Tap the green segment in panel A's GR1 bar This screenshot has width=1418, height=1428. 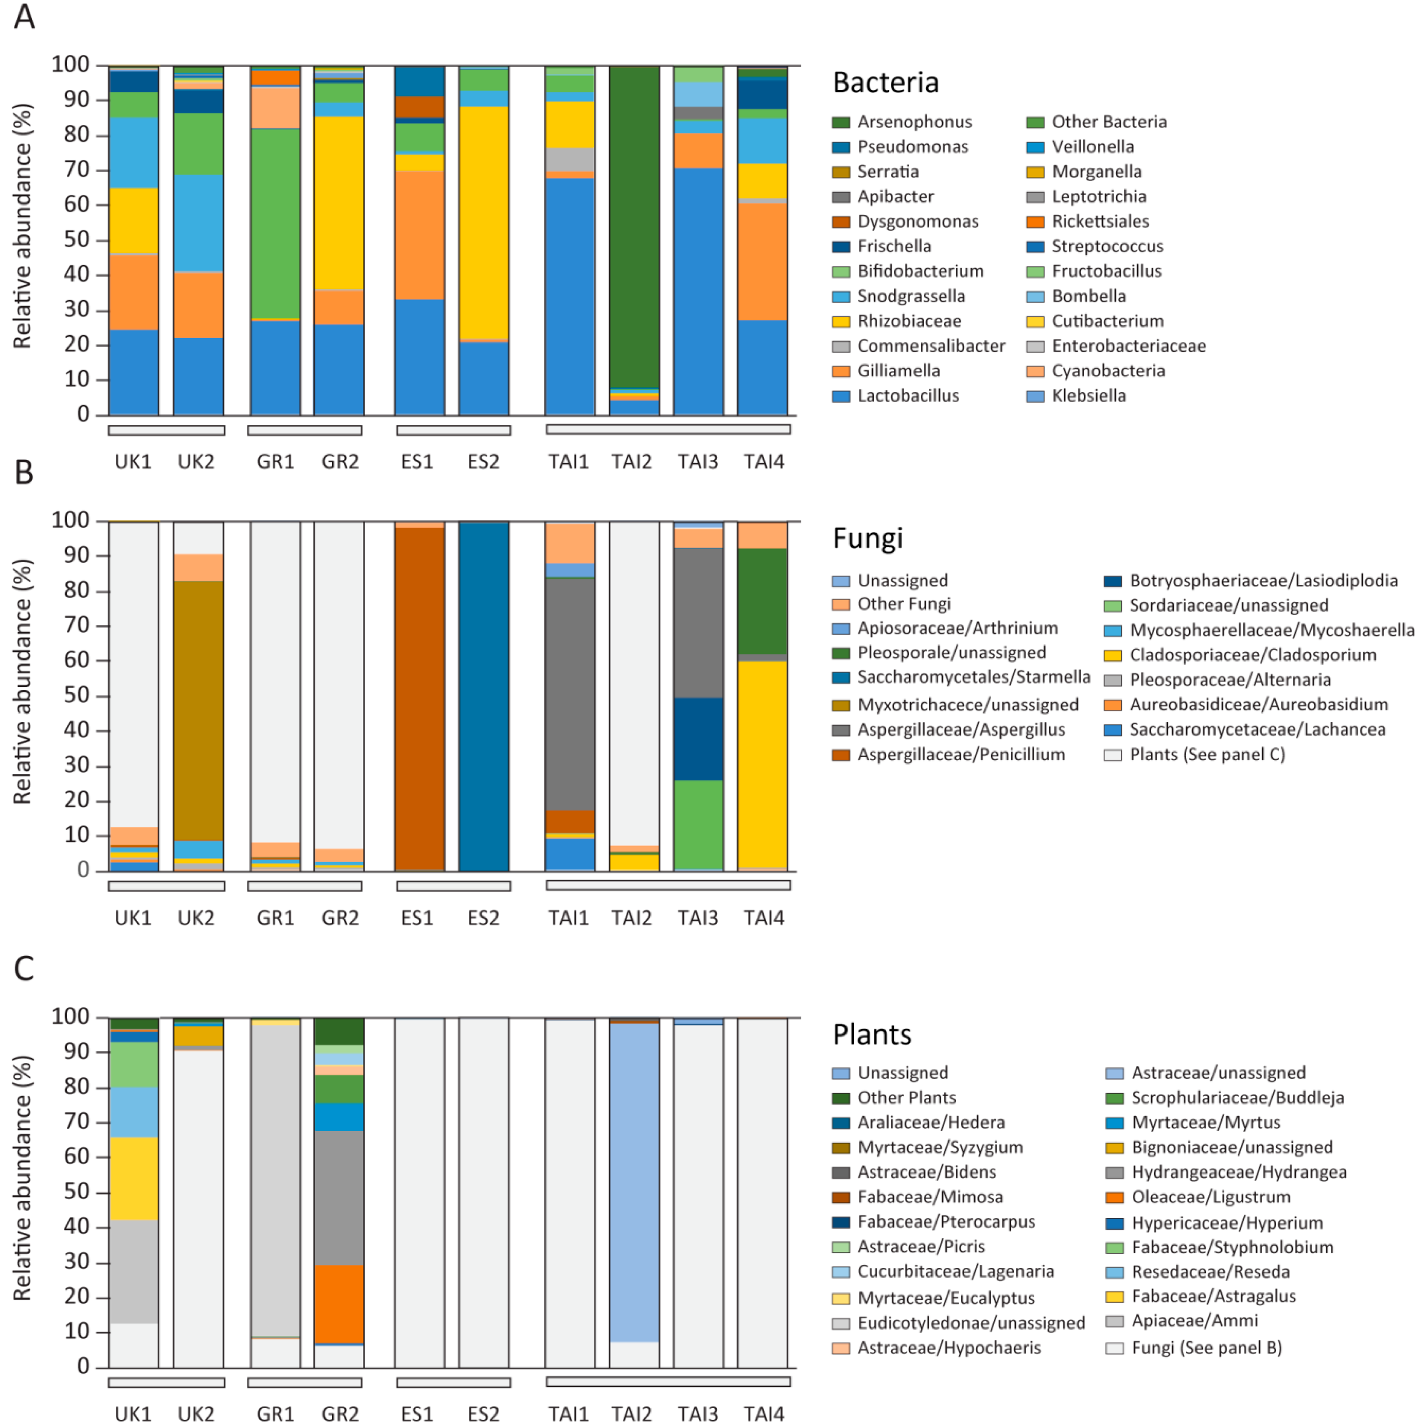275,222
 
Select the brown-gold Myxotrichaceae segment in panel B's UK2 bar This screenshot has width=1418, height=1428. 198,710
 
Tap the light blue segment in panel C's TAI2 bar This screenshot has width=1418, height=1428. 634,1183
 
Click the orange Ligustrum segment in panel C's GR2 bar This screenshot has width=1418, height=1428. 339,1304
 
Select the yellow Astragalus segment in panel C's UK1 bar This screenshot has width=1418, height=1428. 134,1179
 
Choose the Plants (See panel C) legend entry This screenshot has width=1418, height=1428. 1207,755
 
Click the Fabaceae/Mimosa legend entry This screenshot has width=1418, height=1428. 930,1197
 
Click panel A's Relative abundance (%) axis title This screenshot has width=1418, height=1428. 22,225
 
